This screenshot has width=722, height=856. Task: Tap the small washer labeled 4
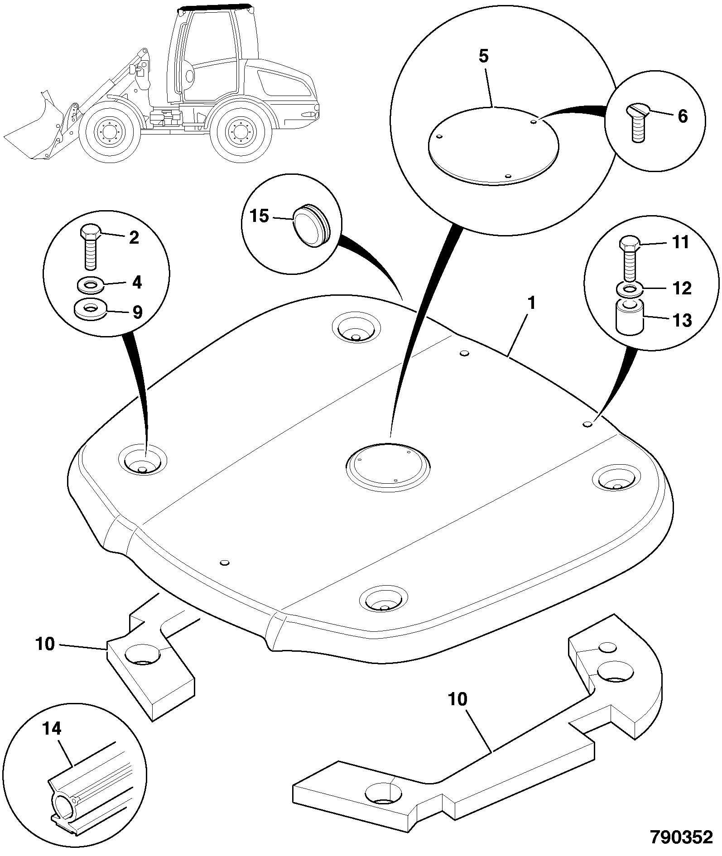90,286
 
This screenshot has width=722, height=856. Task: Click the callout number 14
51,741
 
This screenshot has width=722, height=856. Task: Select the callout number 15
259,216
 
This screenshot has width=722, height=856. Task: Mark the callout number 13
682,320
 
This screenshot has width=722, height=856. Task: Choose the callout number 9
137,312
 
